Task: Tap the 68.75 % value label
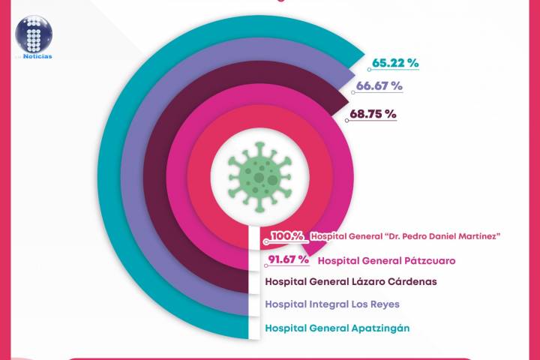point(373,115)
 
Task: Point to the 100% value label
point(286,236)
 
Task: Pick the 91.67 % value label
point(289,259)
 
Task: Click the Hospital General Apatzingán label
point(337,328)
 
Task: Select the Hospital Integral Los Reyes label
point(333,304)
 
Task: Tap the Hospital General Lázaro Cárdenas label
point(351,282)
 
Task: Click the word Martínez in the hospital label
point(475,236)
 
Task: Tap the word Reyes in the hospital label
point(383,304)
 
